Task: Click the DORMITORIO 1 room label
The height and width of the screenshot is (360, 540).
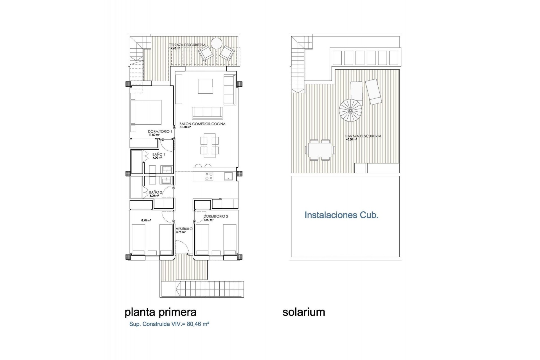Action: click(x=160, y=131)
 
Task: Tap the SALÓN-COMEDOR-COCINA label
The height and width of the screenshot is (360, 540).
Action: click(x=202, y=124)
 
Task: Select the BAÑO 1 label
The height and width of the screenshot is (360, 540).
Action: click(x=158, y=154)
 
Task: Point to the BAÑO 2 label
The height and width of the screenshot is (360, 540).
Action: click(x=155, y=192)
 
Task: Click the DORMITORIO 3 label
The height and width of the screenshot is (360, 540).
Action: click(x=215, y=216)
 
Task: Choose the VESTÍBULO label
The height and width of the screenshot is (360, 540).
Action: click(x=184, y=229)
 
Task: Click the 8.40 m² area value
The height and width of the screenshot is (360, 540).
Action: click(x=146, y=220)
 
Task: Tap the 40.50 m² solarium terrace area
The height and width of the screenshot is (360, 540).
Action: click(x=351, y=139)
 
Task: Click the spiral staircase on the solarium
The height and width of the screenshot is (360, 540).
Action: click(x=350, y=110)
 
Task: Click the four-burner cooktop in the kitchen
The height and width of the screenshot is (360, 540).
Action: click(x=209, y=176)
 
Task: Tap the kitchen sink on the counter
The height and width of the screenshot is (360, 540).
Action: click(x=228, y=176)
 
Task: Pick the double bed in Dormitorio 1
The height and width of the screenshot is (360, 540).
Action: click(x=146, y=112)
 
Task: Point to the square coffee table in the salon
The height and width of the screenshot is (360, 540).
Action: click(x=205, y=86)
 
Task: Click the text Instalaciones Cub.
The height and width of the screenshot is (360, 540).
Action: click(x=341, y=215)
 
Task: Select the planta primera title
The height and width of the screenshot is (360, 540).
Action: click(x=160, y=312)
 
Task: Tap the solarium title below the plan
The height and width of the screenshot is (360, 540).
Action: click(x=304, y=312)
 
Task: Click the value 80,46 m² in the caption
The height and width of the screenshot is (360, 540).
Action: click(x=198, y=324)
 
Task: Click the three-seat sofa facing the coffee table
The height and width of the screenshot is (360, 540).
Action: click(x=208, y=113)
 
